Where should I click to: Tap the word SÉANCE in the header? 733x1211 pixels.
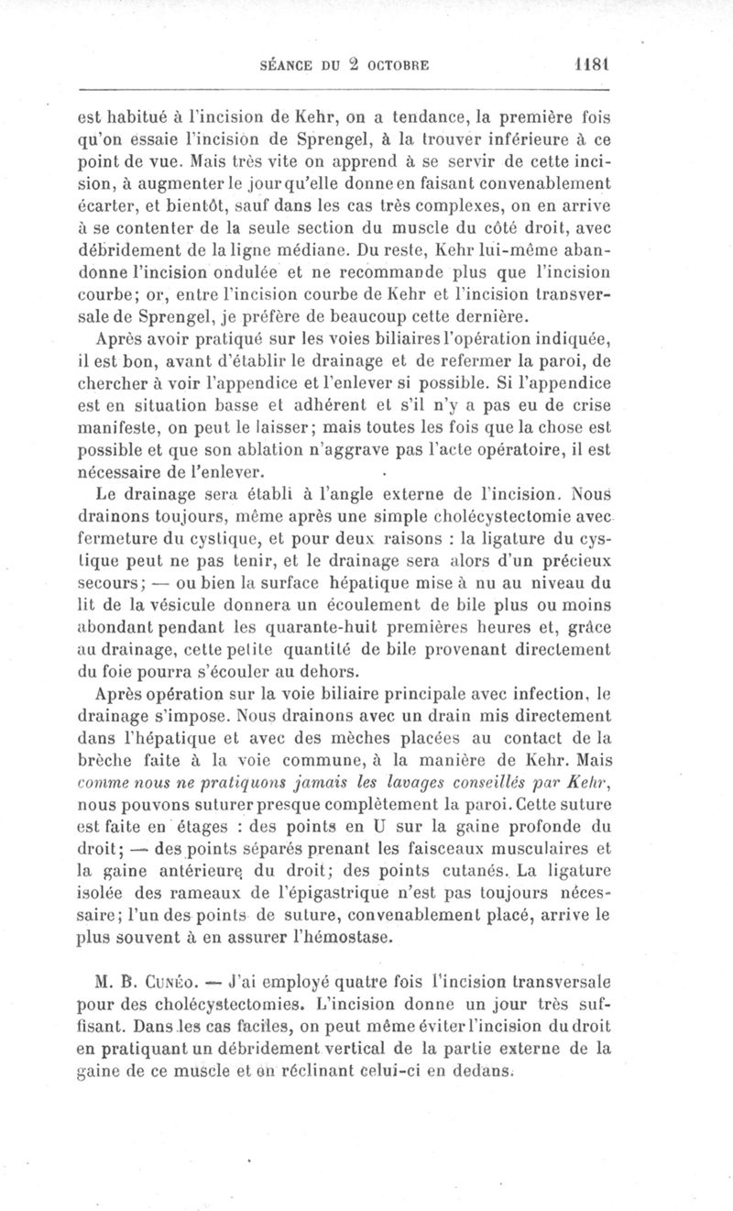coord(290,66)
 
